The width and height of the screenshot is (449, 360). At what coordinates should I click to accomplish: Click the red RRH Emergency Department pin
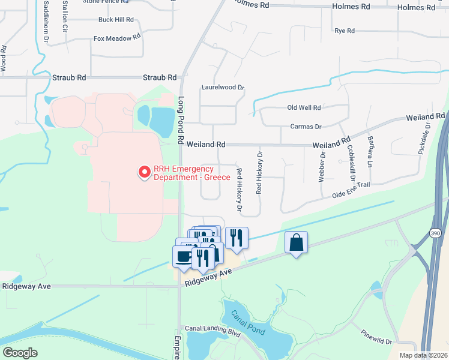[145, 172]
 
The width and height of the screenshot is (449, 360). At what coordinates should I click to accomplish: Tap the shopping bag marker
[296, 243]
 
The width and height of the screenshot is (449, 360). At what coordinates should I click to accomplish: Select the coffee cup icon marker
[184, 256]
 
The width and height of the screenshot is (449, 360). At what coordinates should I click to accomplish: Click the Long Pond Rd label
[181, 120]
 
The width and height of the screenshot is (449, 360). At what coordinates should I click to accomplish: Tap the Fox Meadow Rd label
[116, 38]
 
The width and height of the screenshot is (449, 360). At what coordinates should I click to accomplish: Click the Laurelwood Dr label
[223, 87]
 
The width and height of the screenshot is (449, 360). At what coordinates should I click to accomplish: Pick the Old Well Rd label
[304, 107]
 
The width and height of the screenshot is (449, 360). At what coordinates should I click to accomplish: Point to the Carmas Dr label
[306, 127]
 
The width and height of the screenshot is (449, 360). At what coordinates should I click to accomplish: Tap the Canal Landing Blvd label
[212, 329]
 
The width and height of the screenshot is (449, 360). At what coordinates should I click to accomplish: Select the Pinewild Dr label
[376, 337]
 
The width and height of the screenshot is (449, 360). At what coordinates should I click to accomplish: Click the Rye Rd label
[345, 30]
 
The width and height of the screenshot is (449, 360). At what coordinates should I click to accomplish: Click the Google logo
[20, 352]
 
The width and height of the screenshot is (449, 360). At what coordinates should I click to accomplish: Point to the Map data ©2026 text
[423, 355]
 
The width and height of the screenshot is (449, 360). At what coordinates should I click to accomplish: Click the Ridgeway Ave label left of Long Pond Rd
[25, 287]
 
